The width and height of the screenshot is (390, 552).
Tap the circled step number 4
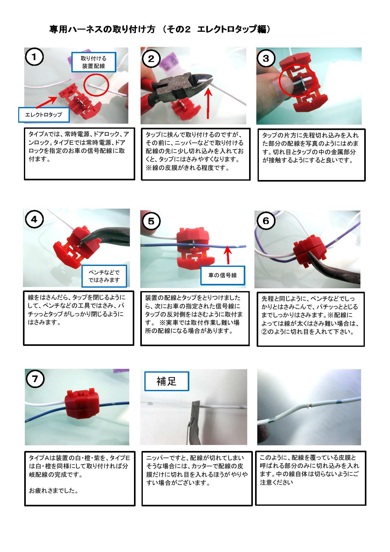[34, 219]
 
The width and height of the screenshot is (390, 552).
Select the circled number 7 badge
[35, 379]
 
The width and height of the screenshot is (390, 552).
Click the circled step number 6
[266, 221]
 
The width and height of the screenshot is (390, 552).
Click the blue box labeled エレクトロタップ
[44, 115]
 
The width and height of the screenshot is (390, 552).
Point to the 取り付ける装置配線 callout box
[94, 62]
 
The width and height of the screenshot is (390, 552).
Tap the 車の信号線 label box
[223, 275]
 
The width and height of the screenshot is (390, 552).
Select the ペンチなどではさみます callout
[104, 276]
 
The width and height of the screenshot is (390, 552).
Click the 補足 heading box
[166, 381]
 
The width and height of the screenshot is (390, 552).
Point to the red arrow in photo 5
[228, 255]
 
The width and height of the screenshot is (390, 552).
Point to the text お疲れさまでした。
[54, 491]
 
